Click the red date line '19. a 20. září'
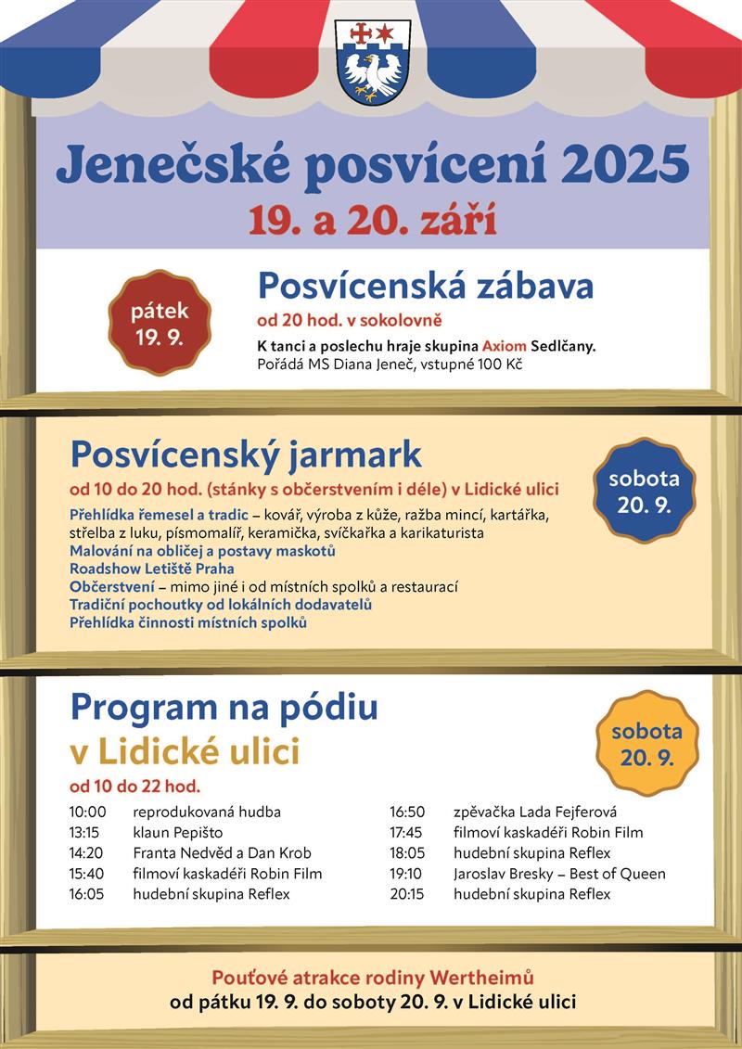pos(371,221)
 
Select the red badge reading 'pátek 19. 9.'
pos(160,323)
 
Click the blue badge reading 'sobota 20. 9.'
pos(644,492)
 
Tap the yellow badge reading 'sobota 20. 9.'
pos(646,743)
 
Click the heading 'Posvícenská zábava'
pos(425,286)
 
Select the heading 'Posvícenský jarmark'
pos(246,454)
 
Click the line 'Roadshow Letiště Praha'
pos(152,569)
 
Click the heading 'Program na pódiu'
pos(224,707)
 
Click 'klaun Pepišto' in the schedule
pos(178,832)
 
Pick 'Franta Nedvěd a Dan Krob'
pos(223,852)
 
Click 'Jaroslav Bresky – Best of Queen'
pos(559,874)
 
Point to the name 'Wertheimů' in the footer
pos(488,978)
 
